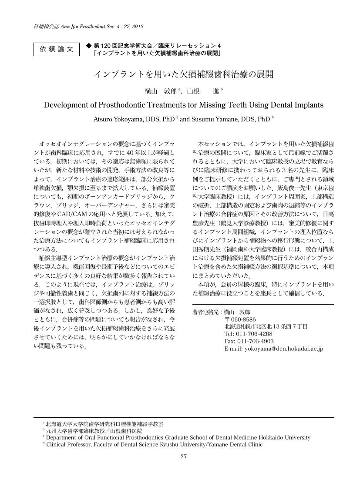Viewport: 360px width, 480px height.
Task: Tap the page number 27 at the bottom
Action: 183,457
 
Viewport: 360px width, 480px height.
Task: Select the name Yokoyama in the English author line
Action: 126,119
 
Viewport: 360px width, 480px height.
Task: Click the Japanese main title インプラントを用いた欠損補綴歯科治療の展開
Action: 184,74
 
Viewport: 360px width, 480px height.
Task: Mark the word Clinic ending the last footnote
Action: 255,444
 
